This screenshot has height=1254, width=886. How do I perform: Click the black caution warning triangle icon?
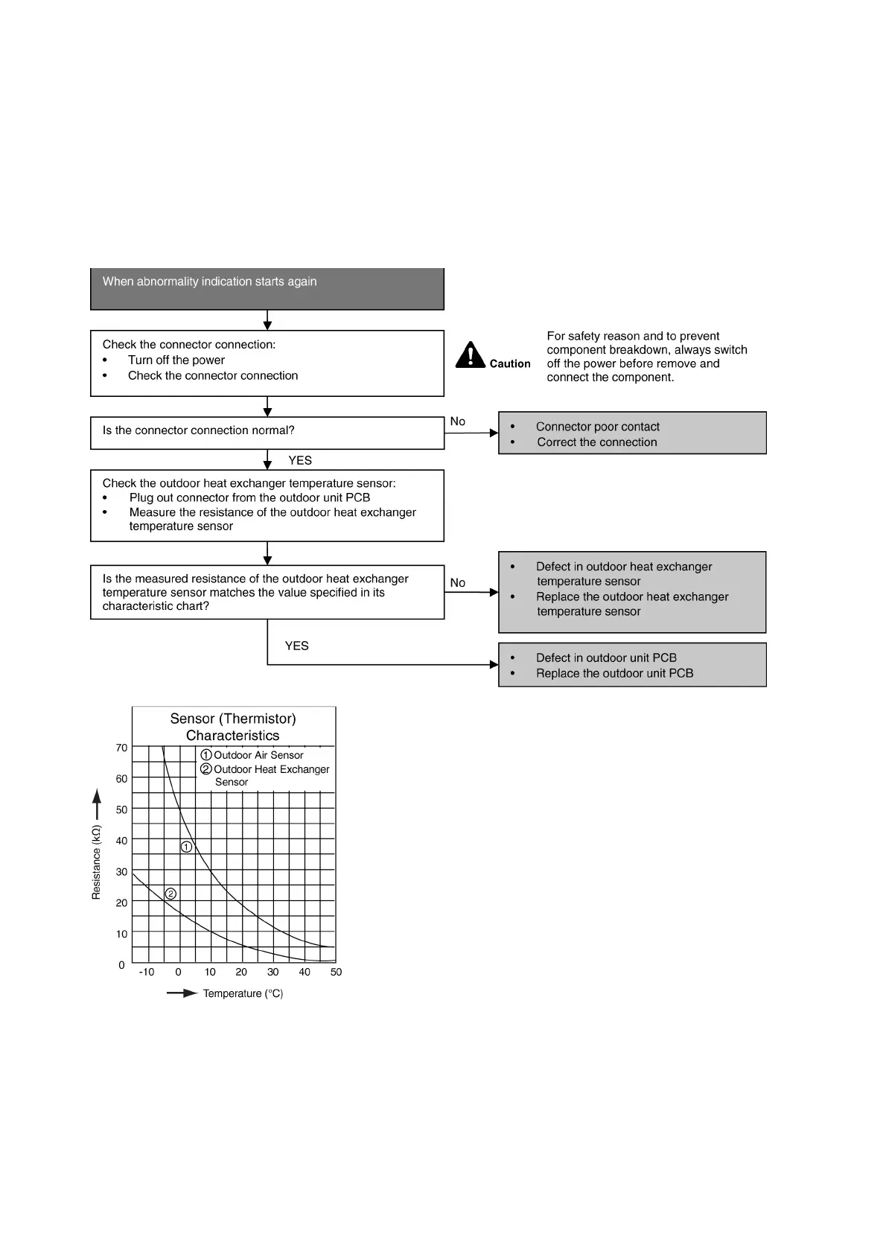click(x=470, y=355)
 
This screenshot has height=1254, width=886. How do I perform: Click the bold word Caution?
click(x=510, y=364)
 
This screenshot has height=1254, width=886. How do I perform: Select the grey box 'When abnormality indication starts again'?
click(x=267, y=288)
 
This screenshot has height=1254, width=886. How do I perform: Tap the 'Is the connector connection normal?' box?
click(x=267, y=432)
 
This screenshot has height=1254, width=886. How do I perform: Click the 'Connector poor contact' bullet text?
click(x=597, y=427)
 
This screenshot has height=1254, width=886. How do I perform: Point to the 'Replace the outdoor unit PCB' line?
click(x=614, y=673)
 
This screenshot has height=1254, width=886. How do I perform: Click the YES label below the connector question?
click(x=300, y=460)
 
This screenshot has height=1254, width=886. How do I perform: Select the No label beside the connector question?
click(x=457, y=421)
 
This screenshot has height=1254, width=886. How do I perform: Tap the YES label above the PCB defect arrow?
click(x=296, y=646)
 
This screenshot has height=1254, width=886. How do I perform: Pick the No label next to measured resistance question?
click(x=457, y=583)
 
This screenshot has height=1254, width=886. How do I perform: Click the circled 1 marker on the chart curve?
click(x=187, y=847)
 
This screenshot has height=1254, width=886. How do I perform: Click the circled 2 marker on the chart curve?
click(x=170, y=894)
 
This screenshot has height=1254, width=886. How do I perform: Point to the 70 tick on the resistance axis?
click(x=121, y=748)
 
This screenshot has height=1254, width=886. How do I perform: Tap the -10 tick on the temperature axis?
click(x=147, y=972)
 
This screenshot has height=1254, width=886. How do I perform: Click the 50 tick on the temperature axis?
click(x=336, y=972)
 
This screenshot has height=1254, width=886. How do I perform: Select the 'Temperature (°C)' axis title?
click(x=243, y=993)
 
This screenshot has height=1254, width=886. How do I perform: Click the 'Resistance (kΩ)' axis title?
click(x=96, y=862)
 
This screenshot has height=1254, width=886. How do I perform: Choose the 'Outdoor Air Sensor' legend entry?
click(x=258, y=755)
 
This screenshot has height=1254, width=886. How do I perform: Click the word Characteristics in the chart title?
click(x=232, y=736)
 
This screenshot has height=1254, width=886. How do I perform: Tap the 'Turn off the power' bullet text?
click(x=176, y=360)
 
